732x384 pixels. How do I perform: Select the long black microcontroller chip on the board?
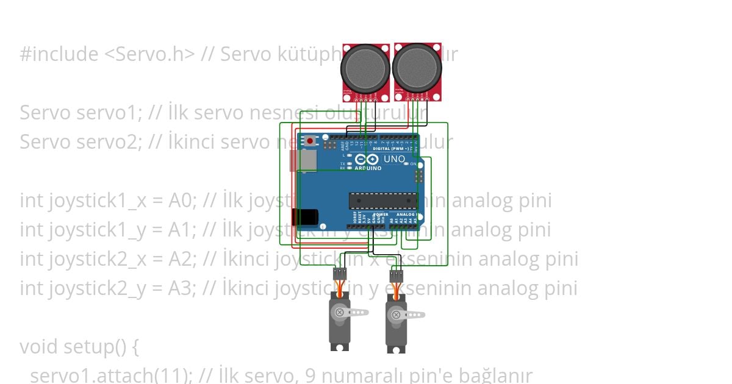(x=382, y=201)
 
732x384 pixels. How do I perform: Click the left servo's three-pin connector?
(x=340, y=274)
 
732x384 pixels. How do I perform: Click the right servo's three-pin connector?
(x=396, y=276)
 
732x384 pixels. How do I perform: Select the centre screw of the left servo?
(x=339, y=313)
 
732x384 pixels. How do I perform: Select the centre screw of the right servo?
(x=395, y=315)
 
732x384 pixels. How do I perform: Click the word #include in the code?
(x=59, y=54)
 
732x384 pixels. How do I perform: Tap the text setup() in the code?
(x=104, y=347)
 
